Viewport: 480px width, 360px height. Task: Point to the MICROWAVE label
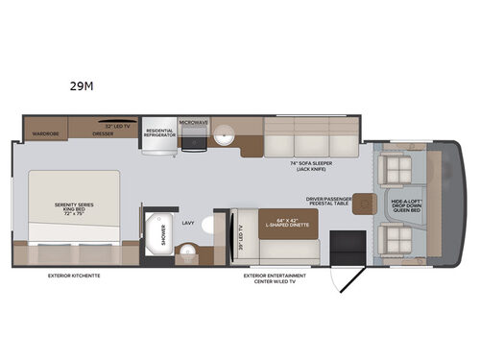point(193,124)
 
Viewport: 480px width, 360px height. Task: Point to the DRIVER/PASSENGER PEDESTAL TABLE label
point(324,204)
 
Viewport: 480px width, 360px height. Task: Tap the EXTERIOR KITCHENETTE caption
point(73,276)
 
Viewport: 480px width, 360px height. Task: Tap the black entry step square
point(341,244)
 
